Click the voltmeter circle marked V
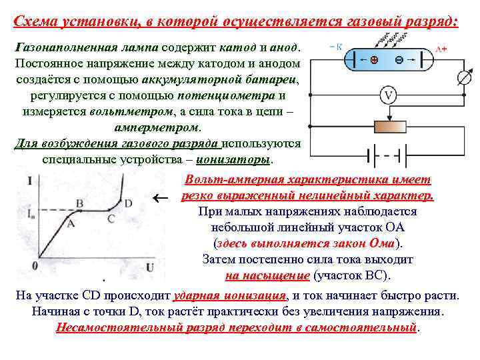(x=389, y=95)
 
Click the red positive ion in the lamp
(x=374, y=59)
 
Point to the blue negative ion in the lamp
(x=399, y=59)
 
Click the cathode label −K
(x=336, y=47)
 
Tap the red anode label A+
(x=441, y=49)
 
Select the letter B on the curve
(x=79, y=203)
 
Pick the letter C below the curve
(x=111, y=218)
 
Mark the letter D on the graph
(x=128, y=203)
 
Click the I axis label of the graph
(x=31, y=179)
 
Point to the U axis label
(x=151, y=267)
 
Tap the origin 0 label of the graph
(x=34, y=267)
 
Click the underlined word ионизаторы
(x=237, y=160)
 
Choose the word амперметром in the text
(x=158, y=127)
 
